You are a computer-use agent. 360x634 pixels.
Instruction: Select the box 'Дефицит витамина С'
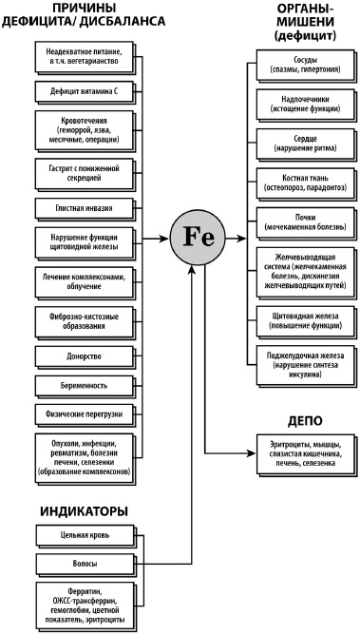77,92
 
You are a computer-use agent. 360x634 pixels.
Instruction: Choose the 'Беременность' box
77,385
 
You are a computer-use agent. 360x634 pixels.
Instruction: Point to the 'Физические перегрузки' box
77,413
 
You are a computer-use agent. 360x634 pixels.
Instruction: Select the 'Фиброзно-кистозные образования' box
77,321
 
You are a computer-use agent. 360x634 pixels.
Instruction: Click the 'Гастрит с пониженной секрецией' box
77,171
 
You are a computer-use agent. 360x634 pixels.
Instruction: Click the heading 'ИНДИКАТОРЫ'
84,513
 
